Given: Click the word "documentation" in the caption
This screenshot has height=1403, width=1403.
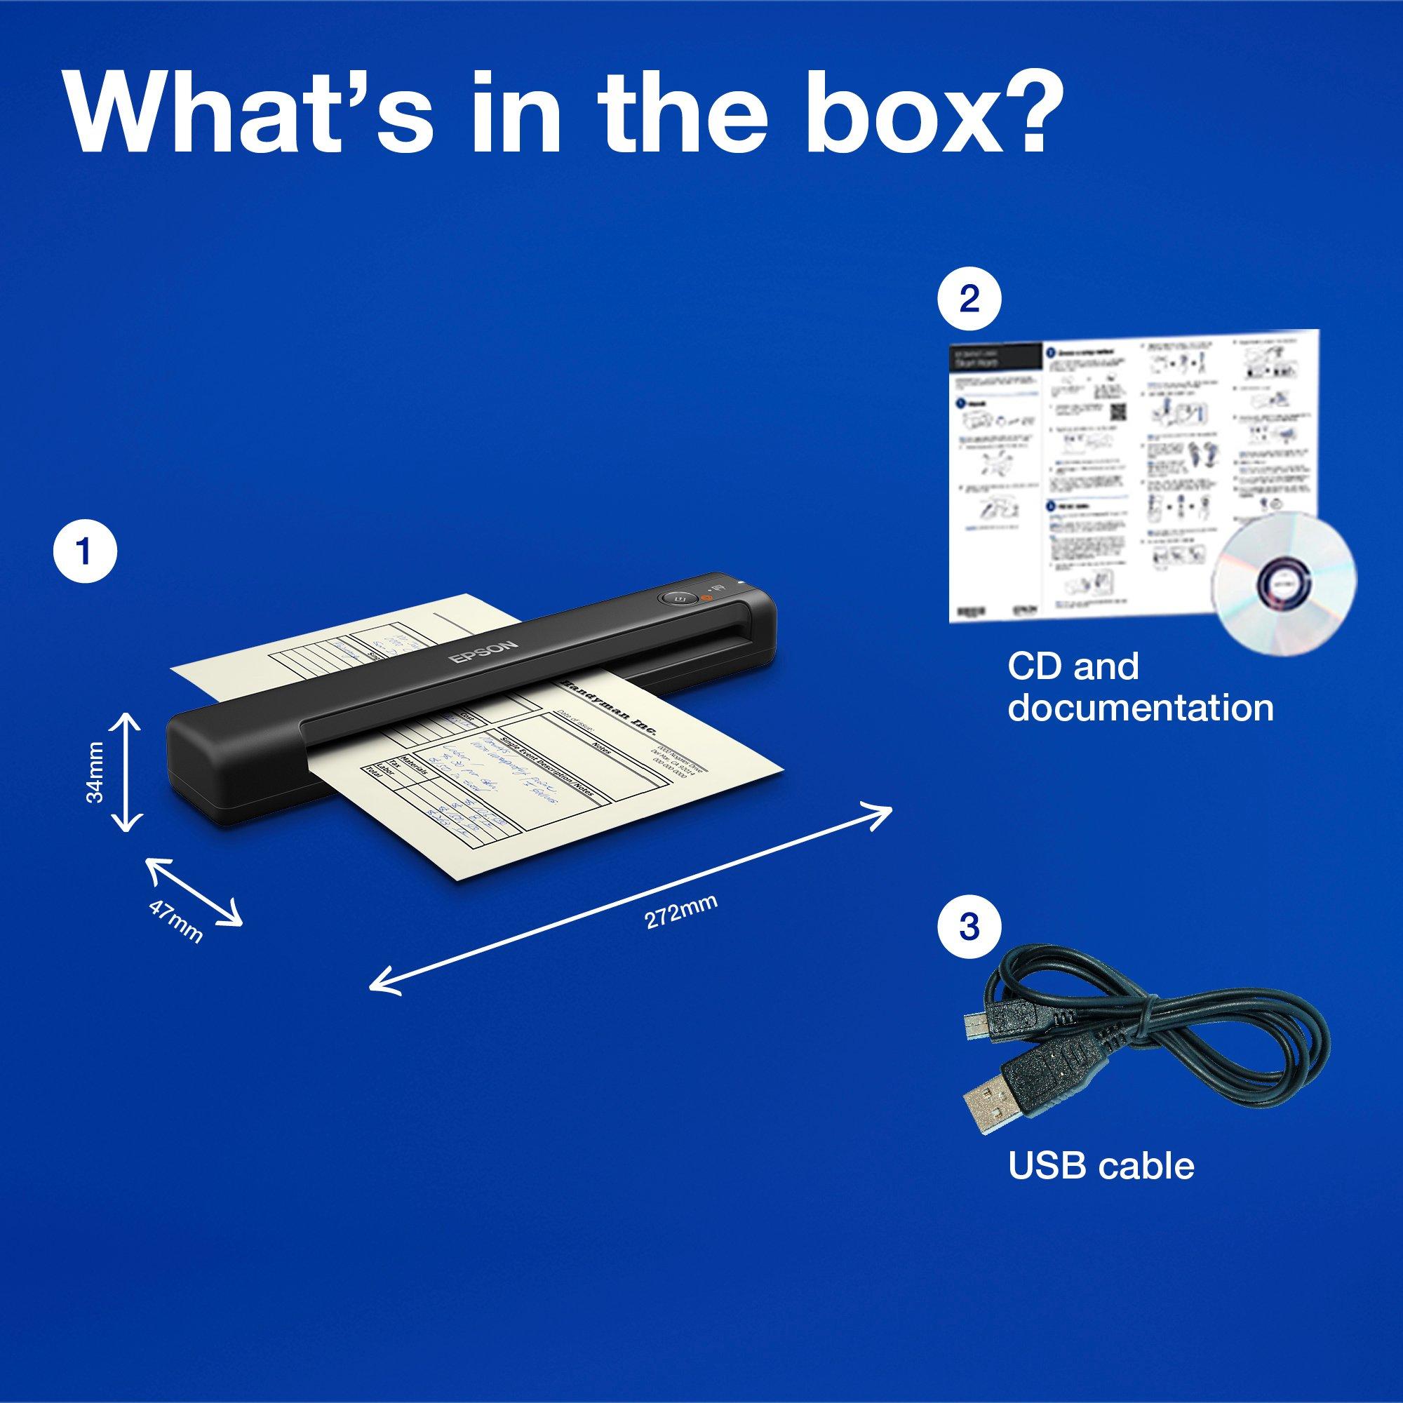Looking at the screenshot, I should [x=1140, y=708].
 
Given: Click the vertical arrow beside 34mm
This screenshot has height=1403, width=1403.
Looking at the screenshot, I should [x=127, y=772].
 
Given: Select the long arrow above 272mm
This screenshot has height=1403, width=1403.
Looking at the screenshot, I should [x=631, y=861].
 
